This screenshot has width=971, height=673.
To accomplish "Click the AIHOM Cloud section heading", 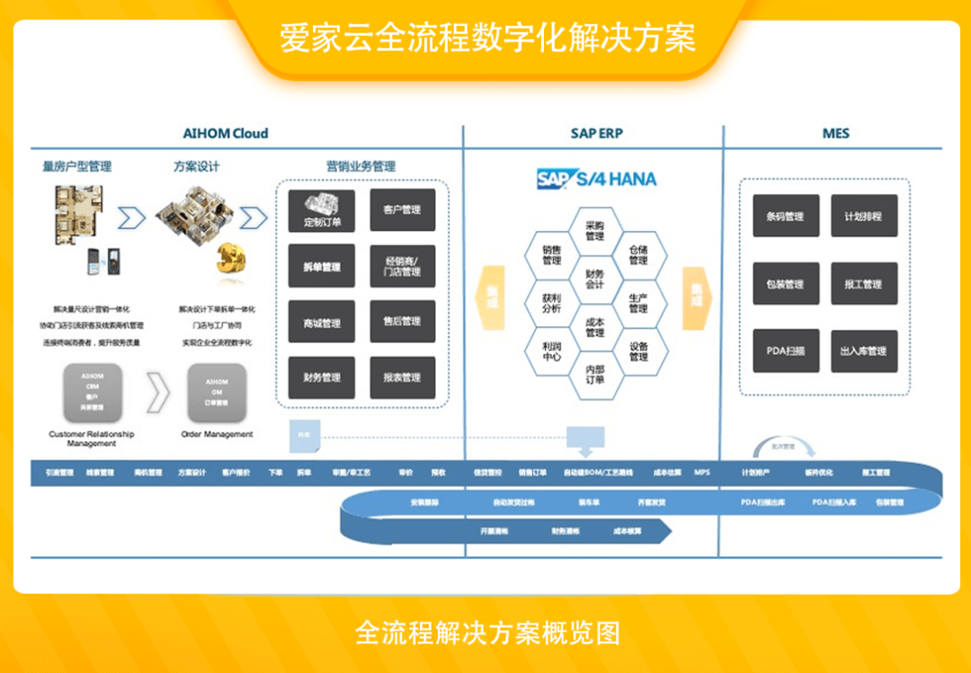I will click(x=226, y=134).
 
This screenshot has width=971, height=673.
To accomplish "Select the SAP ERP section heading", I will click(x=596, y=134).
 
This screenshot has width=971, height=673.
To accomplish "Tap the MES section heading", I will click(x=835, y=134).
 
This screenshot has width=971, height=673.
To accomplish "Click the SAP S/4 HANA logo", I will click(x=596, y=178).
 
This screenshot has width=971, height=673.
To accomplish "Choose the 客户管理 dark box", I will click(x=402, y=210).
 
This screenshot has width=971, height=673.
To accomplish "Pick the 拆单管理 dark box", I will click(x=322, y=267).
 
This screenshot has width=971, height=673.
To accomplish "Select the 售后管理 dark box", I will click(x=402, y=322).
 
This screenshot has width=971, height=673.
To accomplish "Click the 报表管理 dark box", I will click(x=402, y=377).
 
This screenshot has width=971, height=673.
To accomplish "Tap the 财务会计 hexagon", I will click(x=594, y=279).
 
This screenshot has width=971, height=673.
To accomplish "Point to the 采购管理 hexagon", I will click(x=594, y=231).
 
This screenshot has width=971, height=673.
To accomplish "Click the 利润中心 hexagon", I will click(x=552, y=350).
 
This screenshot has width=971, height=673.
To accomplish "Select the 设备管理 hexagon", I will click(x=638, y=350).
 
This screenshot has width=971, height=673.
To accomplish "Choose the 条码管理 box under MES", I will click(x=785, y=217).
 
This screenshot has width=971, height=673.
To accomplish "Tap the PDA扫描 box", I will click(x=785, y=350).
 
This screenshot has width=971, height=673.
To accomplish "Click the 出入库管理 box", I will click(x=863, y=350).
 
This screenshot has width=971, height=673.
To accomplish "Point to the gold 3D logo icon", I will click(x=230, y=260).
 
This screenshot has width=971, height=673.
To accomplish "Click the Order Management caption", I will click(x=217, y=434).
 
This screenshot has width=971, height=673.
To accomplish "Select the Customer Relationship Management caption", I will click(x=92, y=438).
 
